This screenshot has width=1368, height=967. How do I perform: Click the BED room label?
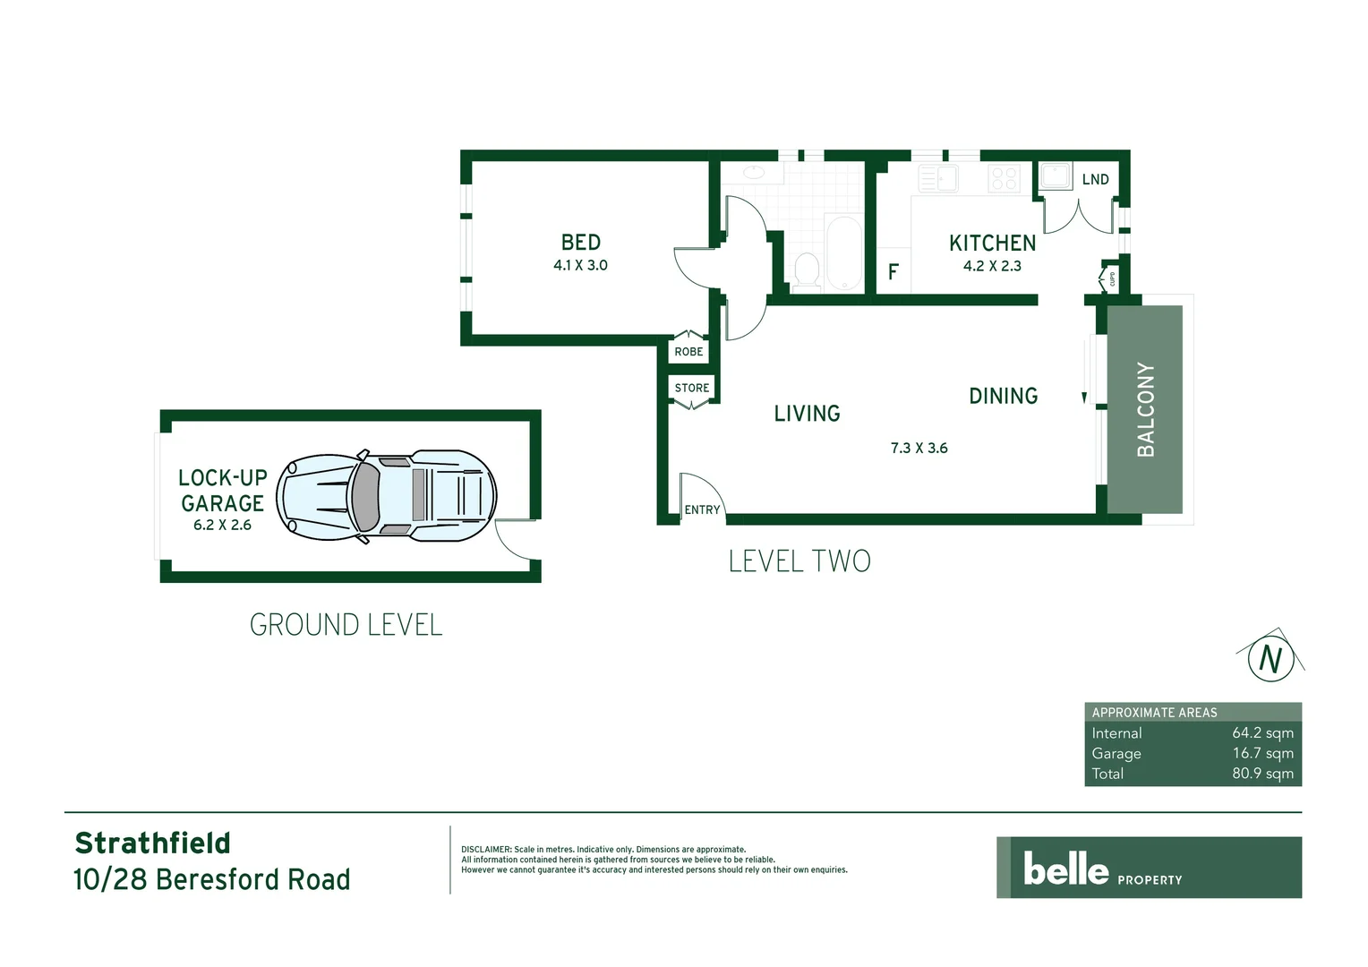(580, 243)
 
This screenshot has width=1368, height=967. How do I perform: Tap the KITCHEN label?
(992, 244)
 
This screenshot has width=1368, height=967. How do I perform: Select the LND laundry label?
(1095, 180)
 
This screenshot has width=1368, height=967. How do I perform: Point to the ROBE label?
(688, 352)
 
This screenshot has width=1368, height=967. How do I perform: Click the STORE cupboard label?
(692, 388)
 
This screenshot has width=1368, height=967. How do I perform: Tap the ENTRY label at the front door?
(702, 509)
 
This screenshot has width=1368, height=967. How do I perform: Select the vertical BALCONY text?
(1145, 409)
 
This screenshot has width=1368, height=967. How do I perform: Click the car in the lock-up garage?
(386, 495)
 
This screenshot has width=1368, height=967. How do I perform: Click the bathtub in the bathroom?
(843, 252)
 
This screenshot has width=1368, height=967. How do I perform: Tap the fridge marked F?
(893, 271)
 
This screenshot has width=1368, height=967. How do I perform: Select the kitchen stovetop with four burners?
(1004, 178)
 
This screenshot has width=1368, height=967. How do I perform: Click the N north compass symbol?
(1270, 658)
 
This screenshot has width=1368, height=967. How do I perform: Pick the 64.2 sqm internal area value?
(1262, 733)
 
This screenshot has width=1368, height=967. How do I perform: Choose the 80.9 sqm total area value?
(1262, 774)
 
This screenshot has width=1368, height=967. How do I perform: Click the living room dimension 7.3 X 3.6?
(919, 448)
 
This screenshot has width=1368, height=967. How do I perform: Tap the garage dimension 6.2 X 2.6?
(222, 526)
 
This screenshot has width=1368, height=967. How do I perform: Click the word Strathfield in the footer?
(152, 843)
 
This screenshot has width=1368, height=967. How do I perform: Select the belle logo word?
(1065, 869)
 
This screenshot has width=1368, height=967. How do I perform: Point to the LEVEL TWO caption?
(799, 561)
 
